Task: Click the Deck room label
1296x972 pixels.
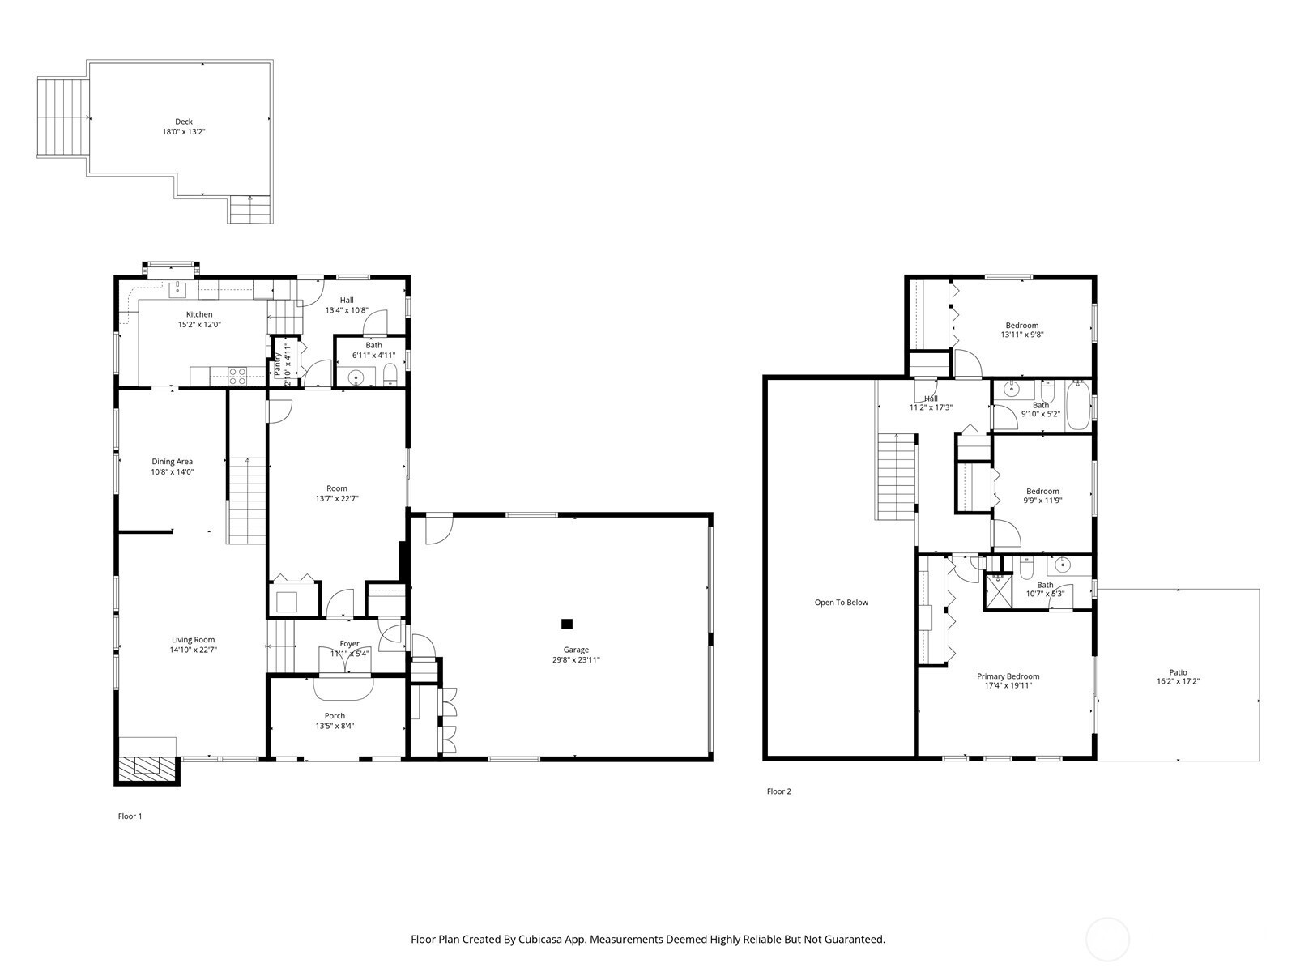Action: click(x=184, y=122)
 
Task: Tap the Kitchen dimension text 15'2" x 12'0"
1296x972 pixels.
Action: click(x=199, y=325)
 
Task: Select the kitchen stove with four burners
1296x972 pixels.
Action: click(x=237, y=377)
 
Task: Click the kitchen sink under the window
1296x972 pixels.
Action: click(x=177, y=290)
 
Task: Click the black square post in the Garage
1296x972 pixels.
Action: click(x=567, y=623)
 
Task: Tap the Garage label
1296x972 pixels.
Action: click(x=576, y=650)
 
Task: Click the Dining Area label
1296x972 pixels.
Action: click(x=172, y=462)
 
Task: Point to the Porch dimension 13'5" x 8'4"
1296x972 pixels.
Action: click(x=335, y=726)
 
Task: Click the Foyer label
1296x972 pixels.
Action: click(x=350, y=644)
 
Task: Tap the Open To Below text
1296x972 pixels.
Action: click(x=842, y=603)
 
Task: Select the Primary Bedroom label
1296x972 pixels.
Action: click(x=1008, y=676)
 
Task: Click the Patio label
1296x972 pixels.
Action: click(x=1178, y=672)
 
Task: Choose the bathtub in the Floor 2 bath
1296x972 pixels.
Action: click(x=1078, y=406)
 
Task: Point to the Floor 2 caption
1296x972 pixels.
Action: click(x=778, y=791)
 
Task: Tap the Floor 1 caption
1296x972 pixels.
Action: click(x=130, y=816)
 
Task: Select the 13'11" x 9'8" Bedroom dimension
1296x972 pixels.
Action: click(x=1022, y=335)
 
